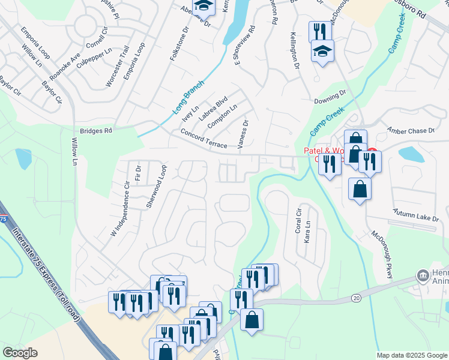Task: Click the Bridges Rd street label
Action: coord(95,130)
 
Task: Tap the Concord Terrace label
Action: coord(203,138)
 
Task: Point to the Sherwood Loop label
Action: coord(155,187)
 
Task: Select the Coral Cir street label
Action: coord(298,221)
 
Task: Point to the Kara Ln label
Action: coord(307,231)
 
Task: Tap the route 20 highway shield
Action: coord(355,298)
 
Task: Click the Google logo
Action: coord(20,353)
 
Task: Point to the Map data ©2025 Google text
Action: coord(411,355)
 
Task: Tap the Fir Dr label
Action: coord(137,173)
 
